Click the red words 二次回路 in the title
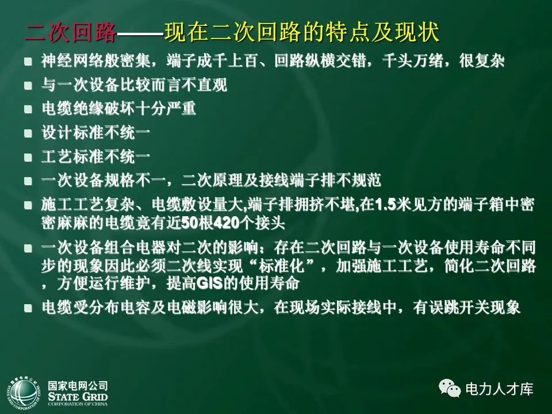click(70, 33)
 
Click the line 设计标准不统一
click(96, 133)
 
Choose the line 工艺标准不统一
click(96, 156)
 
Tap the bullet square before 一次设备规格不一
click(27, 181)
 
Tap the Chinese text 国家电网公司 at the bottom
click(78, 386)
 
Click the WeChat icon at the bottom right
click(450, 389)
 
